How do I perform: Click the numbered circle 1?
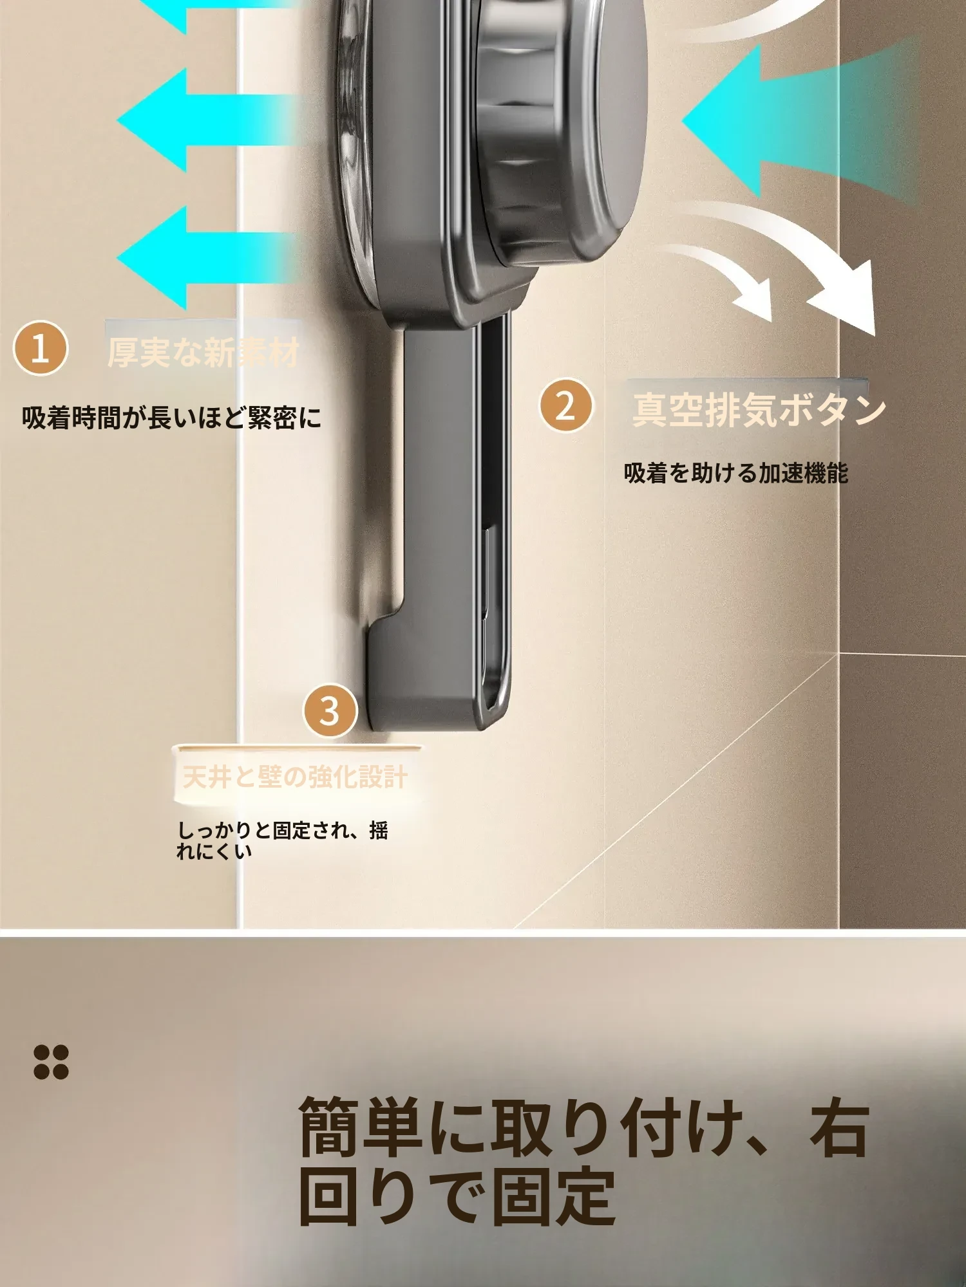pos(41,348)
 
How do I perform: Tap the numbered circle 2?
pos(565,405)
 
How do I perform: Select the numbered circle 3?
pos(330,710)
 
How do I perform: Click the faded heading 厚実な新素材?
pos(204,353)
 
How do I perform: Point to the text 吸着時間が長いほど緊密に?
pos(171,418)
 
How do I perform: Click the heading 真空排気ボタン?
pos(759,410)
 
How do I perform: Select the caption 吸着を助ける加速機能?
pos(736,473)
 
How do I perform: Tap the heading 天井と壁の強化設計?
pos(295,777)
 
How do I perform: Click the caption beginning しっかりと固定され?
pos(283,840)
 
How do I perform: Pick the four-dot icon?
pos(51,1062)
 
